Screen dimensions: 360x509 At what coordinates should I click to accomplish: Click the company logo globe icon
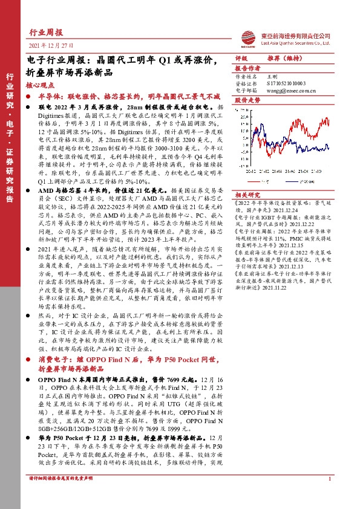pyautogui.click(x=247, y=36)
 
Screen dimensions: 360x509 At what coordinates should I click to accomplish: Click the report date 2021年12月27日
pyautogui.click(x=48, y=47)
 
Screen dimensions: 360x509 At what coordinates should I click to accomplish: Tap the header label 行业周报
pyautogui.click(x=45, y=31)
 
